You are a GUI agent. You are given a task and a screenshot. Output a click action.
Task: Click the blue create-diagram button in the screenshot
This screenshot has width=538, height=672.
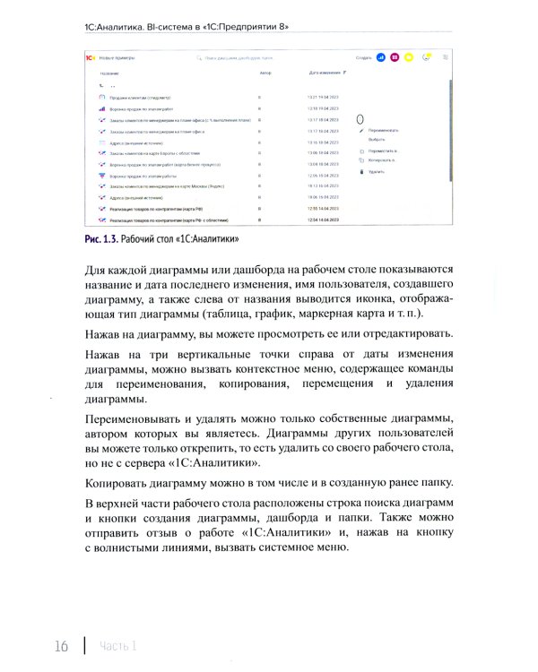pyautogui.click(x=381, y=56)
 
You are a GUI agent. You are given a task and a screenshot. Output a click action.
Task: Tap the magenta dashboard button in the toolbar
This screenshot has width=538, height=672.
pyautogui.click(x=395, y=56)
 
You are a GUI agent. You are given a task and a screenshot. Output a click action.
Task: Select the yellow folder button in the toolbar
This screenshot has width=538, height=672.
pyautogui.click(x=408, y=56)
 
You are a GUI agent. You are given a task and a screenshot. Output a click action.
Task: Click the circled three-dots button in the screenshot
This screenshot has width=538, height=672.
pyautogui.click(x=360, y=119)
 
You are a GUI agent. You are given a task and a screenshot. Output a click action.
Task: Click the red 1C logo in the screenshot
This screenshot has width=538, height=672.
pyautogui.click(x=91, y=56)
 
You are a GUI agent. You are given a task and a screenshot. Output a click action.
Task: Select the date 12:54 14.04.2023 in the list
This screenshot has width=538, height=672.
pyautogui.click(x=323, y=220)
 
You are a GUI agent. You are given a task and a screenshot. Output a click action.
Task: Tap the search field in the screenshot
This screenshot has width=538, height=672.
pyautogui.click(x=242, y=56)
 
